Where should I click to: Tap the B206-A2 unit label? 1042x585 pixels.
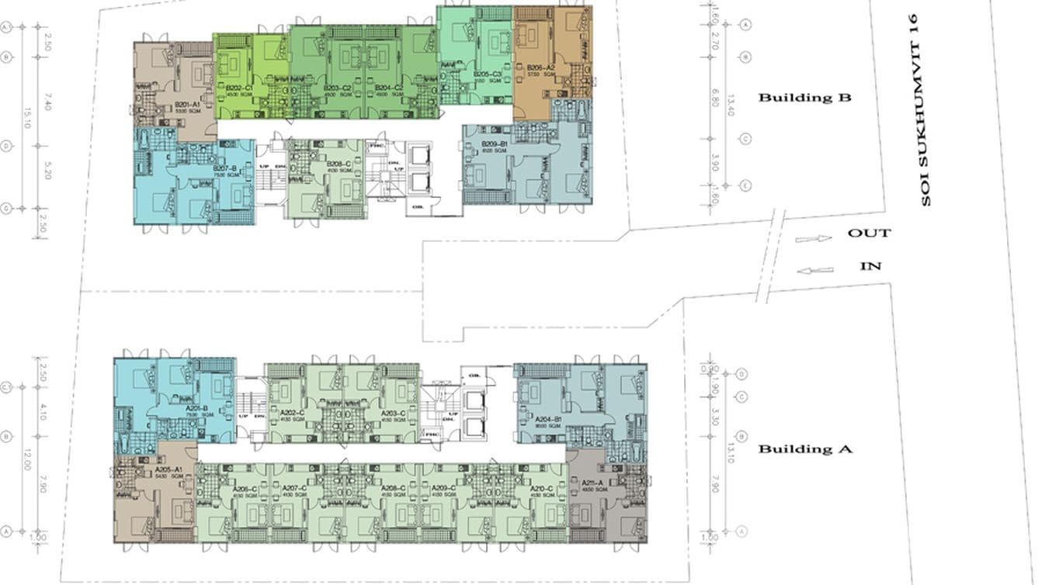coord(540,67)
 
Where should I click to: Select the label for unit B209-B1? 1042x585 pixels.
coord(494,144)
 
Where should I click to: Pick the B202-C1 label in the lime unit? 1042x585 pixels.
coord(239,88)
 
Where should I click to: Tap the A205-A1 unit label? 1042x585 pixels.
coord(168,469)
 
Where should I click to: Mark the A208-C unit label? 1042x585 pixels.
coord(394,489)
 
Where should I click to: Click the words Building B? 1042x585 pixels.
coord(804,98)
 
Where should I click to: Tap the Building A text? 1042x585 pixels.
coord(804,449)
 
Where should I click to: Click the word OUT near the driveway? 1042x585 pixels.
coord(869,233)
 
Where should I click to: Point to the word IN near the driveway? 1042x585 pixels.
coord(870,266)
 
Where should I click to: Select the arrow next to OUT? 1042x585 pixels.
coord(813,239)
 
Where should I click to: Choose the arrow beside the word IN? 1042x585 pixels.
coord(814,271)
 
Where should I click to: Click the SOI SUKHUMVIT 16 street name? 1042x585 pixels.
coord(924,109)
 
